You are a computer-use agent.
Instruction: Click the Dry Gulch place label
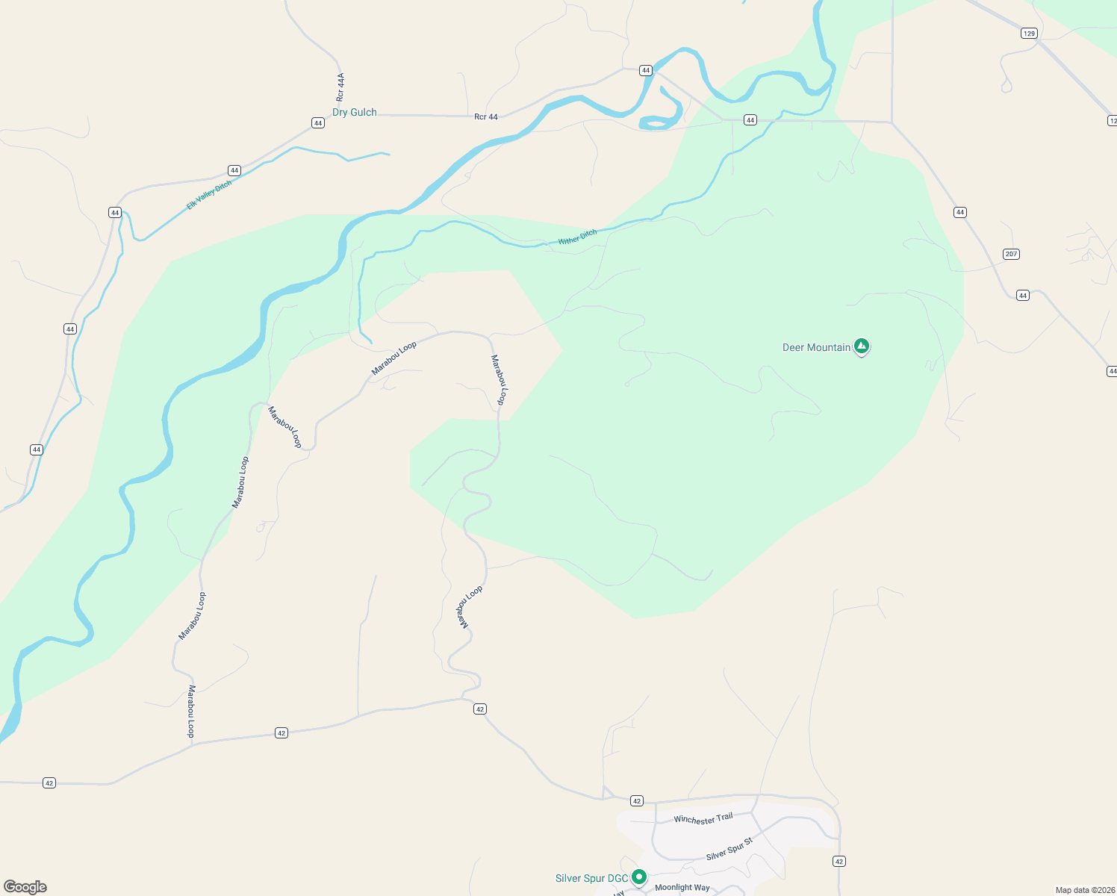355,113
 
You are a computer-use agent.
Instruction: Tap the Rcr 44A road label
340,87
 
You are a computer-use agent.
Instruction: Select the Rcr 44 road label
486,116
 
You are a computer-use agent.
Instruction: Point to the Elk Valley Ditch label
209,195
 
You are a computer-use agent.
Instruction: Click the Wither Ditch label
578,237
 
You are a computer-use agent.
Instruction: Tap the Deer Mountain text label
816,347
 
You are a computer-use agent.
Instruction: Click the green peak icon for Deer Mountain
862,346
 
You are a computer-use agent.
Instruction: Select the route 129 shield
1029,34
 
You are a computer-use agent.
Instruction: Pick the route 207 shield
1011,254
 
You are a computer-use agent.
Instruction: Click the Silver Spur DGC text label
591,878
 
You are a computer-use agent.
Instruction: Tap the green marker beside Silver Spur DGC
639,877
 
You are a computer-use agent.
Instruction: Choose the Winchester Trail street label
703,818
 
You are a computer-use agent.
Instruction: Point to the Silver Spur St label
729,850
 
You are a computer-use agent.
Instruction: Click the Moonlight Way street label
682,888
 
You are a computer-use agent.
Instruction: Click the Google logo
25,887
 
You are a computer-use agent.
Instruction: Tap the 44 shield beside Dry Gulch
318,123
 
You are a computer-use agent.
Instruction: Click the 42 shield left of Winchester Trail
636,800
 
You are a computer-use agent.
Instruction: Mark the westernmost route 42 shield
49,783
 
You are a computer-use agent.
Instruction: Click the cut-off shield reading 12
1112,120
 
